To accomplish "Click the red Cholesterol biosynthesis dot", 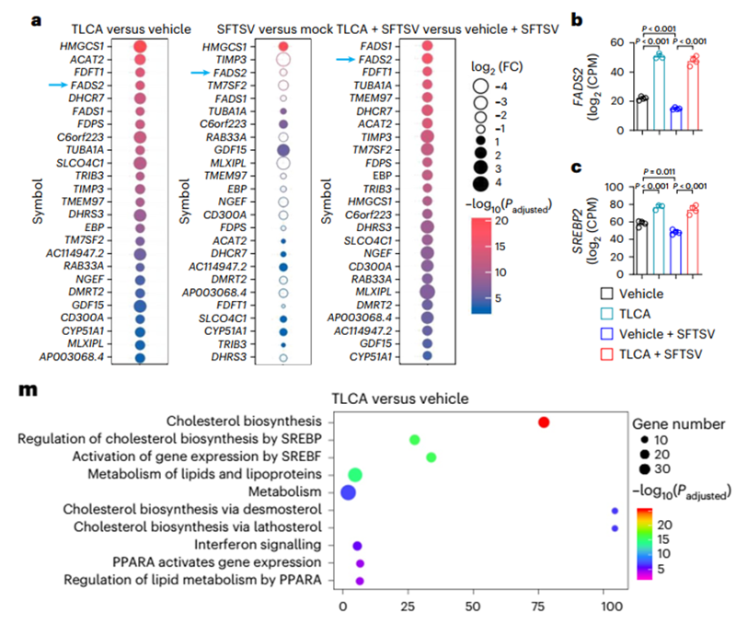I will [544, 422].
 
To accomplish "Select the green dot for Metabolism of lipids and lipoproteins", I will [355, 475].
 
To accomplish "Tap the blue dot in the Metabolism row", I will [348, 492].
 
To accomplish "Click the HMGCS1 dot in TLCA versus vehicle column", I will [140, 46].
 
